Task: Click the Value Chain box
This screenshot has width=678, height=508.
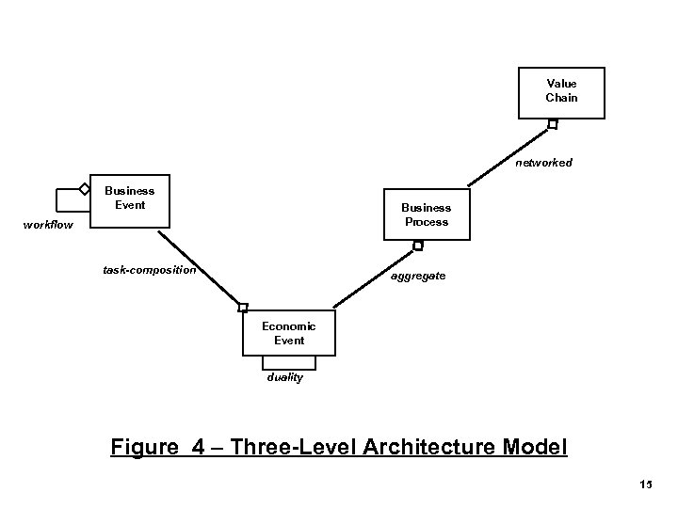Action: point(561,91)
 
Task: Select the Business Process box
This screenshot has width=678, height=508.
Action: point(426,214)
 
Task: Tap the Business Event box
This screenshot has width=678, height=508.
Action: point(130,199)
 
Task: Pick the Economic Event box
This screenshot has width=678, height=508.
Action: point(289,332)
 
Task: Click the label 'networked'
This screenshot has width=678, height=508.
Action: point(543,163)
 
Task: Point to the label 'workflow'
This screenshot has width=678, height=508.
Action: point(49,225)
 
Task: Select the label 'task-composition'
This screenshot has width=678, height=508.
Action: point(150,271)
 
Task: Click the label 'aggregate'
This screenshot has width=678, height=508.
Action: point(419,278)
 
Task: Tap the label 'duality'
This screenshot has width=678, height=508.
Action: point(283,378)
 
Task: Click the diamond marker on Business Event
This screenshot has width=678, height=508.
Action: point(85,189)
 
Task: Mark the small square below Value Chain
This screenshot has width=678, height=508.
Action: point(553,124)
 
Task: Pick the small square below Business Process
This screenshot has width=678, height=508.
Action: point(418,246)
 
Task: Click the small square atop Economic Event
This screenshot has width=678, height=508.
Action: point(243,308)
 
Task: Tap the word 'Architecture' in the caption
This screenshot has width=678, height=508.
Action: point(435,445)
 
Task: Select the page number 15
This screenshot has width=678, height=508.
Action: point(645,485)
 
